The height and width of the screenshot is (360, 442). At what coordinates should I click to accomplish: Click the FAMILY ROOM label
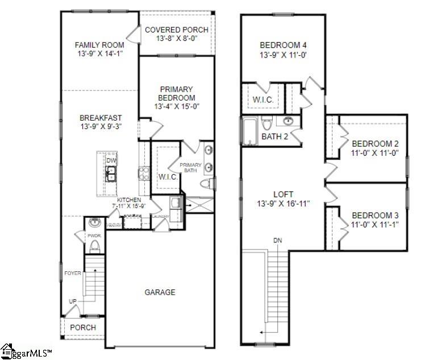coord(99,45)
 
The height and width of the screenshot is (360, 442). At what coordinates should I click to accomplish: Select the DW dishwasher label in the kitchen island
coord(111,160)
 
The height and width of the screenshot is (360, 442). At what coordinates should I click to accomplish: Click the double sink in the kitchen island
coord(111,173)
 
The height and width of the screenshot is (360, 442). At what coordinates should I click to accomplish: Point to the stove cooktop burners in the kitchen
coord(143,173)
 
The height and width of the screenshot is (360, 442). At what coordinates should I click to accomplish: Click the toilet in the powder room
coord(94,246)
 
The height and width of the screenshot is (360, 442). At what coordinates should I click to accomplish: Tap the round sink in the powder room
coord(94,223)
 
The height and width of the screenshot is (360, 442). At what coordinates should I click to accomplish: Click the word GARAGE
coord(160,292)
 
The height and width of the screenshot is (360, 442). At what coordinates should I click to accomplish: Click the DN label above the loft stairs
coord(278,241)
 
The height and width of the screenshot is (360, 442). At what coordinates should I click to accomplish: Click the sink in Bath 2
coord(288,121)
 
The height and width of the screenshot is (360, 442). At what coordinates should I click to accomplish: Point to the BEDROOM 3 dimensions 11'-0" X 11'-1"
coord(375,225)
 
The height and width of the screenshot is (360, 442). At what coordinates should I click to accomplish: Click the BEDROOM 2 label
coord(374,143)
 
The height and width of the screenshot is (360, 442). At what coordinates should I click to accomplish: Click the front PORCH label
coord(83,328)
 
